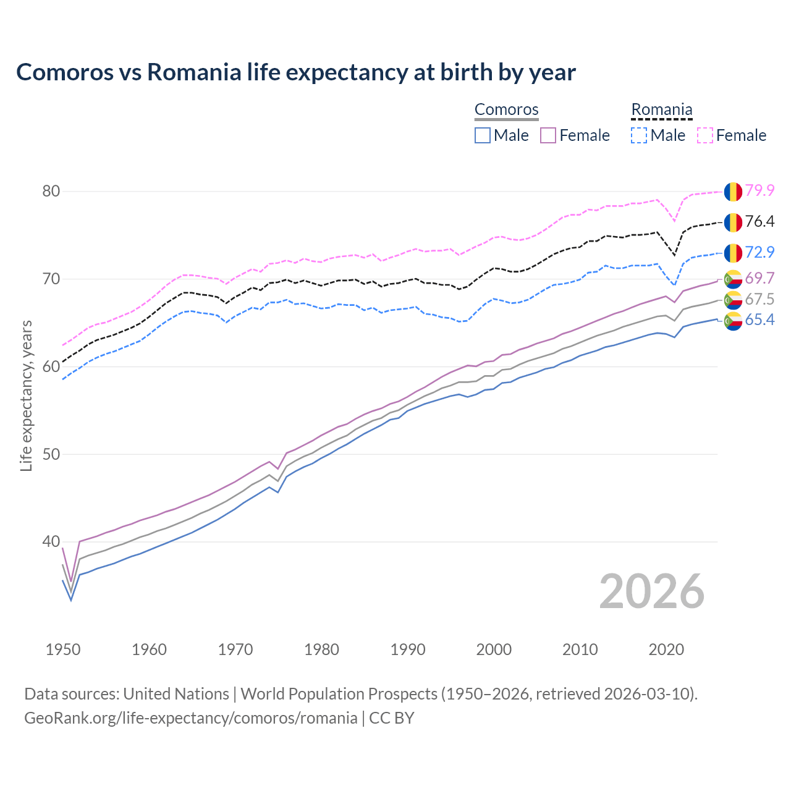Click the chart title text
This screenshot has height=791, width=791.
coord(295,72)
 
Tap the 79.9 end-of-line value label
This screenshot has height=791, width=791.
coord(759,191)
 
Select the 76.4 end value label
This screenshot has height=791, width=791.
coord(759,222)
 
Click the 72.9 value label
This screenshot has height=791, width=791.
coord(759,252)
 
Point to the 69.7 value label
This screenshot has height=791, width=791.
coord(759,279)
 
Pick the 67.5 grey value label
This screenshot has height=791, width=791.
coord(759,300)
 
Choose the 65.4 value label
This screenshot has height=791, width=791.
coord(759,320)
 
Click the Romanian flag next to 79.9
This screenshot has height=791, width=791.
coord(733,192)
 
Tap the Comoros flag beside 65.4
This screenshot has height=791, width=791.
coord(733,321)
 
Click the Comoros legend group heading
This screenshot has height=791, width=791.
coord(506,110)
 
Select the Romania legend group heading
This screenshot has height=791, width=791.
coord(661,110)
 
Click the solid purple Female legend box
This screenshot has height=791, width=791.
coord(548,135)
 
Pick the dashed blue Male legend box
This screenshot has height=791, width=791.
coord(639,135)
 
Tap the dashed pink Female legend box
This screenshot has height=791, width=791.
coord(705,135)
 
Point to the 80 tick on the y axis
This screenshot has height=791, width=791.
coord(51,192)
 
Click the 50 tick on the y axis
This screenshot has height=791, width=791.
coord(51,455)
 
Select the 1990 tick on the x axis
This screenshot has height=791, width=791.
coord(408,649)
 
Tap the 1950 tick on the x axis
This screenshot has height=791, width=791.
coord(63,649)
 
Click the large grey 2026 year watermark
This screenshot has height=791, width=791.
coord(651,592)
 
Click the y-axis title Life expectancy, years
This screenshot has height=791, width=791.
coord(27,395)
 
